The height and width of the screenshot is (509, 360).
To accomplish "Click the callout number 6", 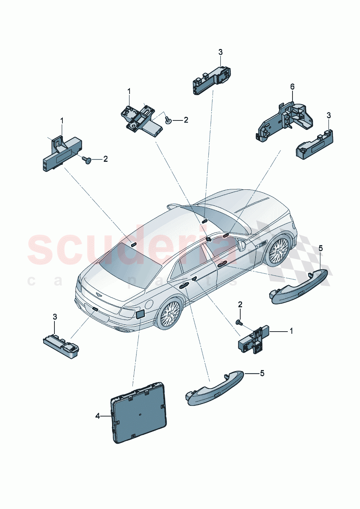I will tap(292, 86).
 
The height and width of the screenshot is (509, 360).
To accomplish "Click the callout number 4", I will tap(98, 416).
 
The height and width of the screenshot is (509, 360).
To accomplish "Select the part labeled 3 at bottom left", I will tap(61, 344).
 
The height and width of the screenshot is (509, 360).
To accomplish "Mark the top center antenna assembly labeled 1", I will tap(141, 119).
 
